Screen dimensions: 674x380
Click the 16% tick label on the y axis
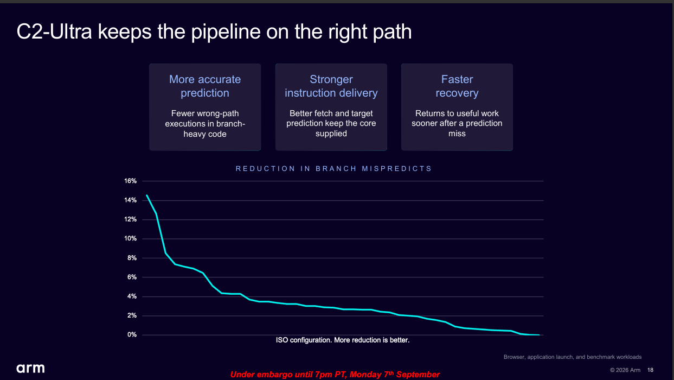[x=130, y=181]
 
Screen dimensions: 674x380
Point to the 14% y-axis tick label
[x=130, y=200]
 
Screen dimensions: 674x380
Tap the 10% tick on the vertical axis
[x=130, y=238]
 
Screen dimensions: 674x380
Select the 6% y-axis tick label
[x=132, y=277]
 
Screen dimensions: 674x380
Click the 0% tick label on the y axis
[x=132, y=334]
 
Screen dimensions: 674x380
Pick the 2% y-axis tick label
[x=132, y=315]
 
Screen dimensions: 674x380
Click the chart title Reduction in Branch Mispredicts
[x=333, y=168]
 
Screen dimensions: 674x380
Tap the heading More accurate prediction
[x=205, y=86]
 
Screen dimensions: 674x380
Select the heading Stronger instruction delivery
[x=331, y=86]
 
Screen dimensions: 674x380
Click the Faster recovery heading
[x=457, y=86]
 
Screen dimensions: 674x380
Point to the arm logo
[x=30, y=368]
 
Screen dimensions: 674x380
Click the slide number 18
[x=650, y=370]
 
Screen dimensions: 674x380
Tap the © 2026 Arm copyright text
[x=625, y=370]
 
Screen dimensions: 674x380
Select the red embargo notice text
[x=335, y=375]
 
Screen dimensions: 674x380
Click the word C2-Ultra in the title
[x=54, y=31]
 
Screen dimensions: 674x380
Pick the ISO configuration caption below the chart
[x=343, y=340]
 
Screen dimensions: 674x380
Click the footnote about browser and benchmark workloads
[x=572, y=357]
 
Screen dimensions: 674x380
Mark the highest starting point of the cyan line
[x=147, y=195]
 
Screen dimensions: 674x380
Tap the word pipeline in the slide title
[x=226, y=32]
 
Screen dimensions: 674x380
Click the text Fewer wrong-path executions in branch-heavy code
[x=205, y=124]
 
